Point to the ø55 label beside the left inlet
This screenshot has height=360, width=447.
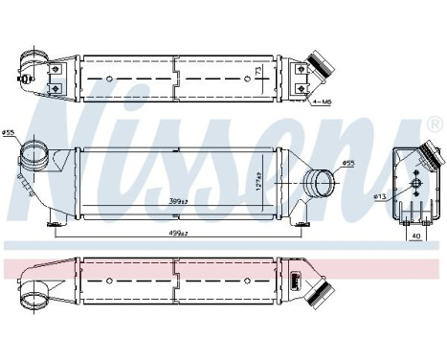click(x=9, y=132)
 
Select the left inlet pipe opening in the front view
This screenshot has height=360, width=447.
click(x=33, y=153)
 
